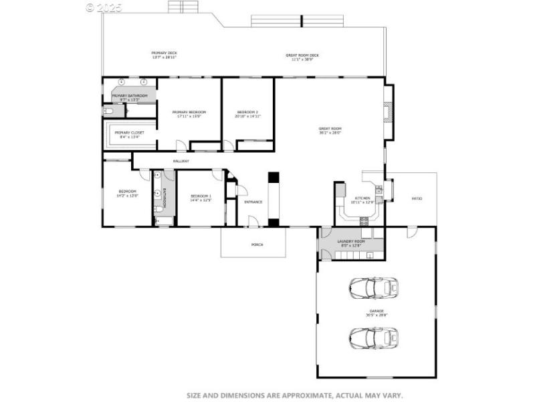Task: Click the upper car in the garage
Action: [x=374, y=288]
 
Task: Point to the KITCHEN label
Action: [x=362, y=198]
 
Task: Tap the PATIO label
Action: [x=417, y=198]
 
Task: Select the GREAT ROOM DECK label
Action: [x=302, y=56]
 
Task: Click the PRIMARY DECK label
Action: [x=164, y=52]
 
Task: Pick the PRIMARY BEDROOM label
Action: [x=189, y=112]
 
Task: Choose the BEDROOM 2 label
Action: [x=247, y=112]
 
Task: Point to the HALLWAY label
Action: [x=181, y=161]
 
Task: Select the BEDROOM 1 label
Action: [x=201, y=196]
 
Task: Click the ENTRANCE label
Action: [x=253, y=202]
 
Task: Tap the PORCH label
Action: [x=257, y=245]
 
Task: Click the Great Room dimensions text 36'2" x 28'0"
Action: [x=330, y=133]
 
